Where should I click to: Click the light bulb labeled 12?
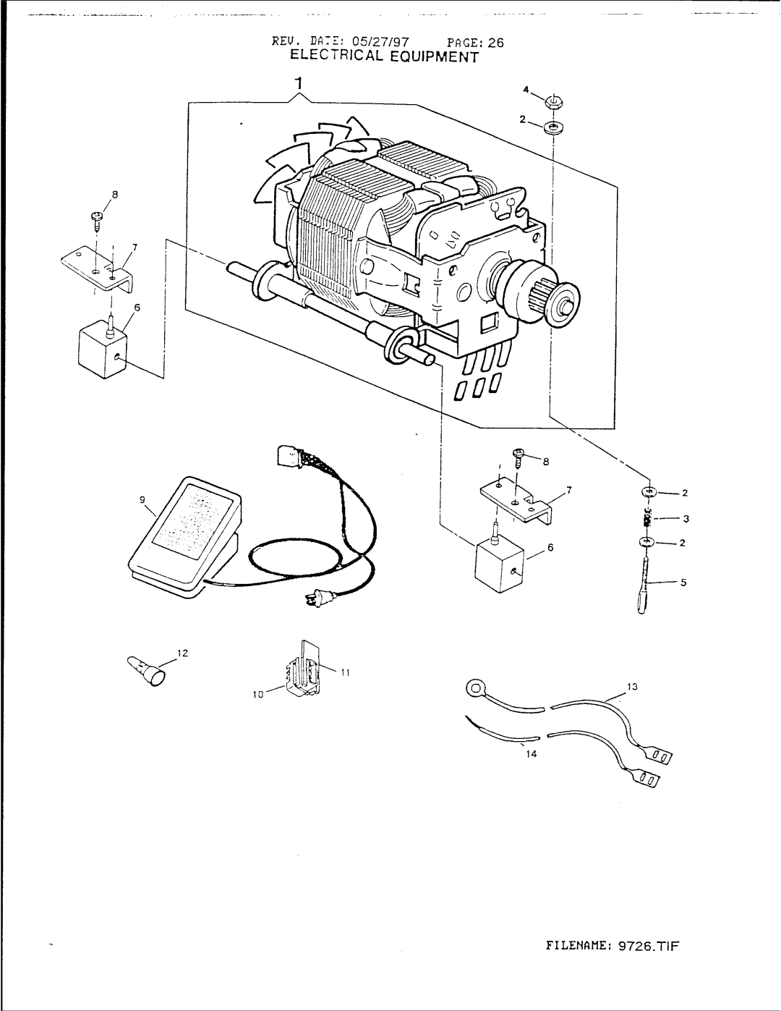(148, 669)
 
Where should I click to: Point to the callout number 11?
(345, 672)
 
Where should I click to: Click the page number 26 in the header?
(495, 42)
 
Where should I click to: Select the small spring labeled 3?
(649, 519)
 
